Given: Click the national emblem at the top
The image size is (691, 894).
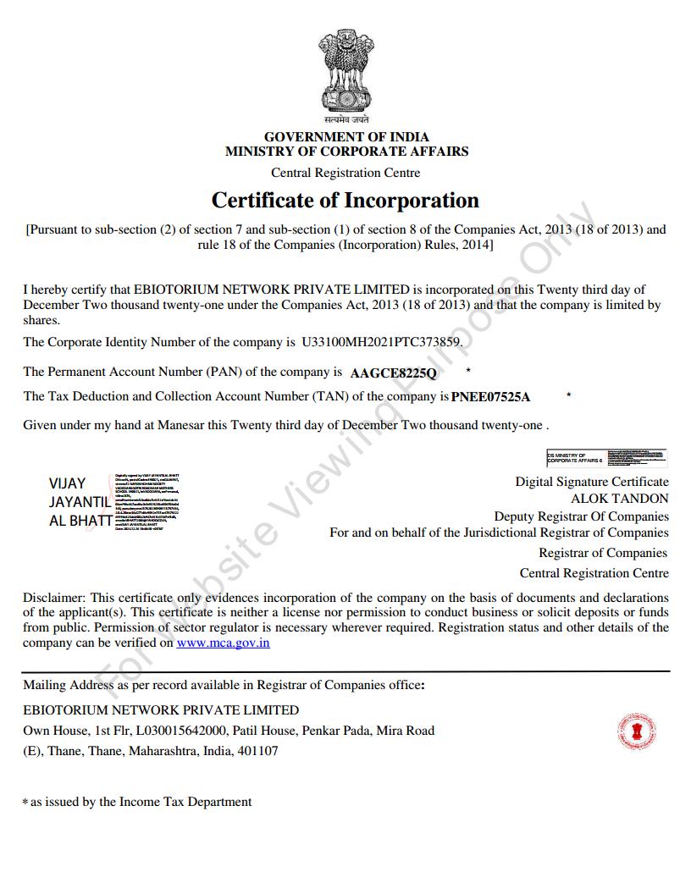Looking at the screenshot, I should coord(345,74).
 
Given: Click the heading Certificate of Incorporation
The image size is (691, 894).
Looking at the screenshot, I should coord(345,201).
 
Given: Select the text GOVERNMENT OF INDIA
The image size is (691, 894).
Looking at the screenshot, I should coord(346,136).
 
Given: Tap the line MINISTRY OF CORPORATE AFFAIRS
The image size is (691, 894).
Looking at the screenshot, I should coord(346,152).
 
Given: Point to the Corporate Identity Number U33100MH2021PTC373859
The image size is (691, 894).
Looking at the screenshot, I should coord(382,343).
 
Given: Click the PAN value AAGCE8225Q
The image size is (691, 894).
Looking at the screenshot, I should coord(393,372).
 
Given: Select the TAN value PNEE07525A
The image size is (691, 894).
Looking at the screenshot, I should coord(490,397).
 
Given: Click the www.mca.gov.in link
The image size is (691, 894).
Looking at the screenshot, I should coord(223,643).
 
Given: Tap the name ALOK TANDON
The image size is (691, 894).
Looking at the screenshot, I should coord(619,499).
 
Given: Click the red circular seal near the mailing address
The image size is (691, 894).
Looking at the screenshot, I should coord(638,731).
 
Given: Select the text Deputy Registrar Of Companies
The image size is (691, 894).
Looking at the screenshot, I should coord(581,516).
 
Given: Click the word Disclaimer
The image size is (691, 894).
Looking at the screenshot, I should coord(53,597).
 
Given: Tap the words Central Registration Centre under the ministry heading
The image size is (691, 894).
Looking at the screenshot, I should coord(345,173).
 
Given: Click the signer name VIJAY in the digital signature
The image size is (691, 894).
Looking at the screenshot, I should coord(67,483).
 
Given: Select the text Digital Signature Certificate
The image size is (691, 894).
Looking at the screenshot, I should coord(591,482).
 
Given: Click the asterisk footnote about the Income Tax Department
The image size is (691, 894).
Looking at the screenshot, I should coord(137,802).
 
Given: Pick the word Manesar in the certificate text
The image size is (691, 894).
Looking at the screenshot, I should coord(180,425).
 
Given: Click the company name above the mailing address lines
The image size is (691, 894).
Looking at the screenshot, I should coord(161,709).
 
